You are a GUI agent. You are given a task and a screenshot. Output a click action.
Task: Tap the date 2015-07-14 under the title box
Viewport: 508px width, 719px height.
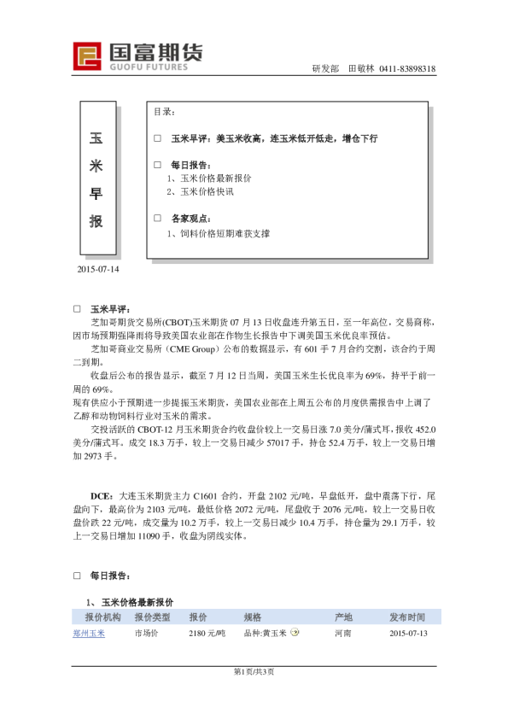pos(98,270)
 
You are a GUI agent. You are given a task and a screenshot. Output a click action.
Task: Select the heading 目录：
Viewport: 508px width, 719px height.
pos(165,112)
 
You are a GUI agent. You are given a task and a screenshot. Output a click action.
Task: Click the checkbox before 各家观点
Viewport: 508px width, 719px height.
pos(157,218)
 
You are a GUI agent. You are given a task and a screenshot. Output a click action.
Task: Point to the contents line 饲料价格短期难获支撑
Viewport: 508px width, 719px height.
pos(224,232)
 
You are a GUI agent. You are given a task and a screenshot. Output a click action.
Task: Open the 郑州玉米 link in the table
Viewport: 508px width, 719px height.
pos(88,633)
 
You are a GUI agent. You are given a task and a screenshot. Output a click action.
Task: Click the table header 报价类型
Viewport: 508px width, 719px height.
pos(152,617)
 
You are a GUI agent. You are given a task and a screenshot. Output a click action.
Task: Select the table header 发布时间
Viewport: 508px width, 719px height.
pos(407,617)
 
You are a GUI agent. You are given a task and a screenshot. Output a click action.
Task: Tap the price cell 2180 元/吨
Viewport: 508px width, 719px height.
pos(207,633)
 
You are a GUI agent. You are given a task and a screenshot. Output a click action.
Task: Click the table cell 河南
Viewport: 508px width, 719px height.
pos(344,633)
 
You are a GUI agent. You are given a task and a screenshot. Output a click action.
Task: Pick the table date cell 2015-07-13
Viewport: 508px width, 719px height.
pos(407,633)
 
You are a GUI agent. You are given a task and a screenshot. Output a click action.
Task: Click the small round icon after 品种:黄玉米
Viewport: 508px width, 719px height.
pos(295,633)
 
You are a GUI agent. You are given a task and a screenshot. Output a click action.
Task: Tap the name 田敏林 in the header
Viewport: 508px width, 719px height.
pos(361,68)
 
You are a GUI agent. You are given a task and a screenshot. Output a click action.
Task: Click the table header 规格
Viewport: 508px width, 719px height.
pos(253,617)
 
